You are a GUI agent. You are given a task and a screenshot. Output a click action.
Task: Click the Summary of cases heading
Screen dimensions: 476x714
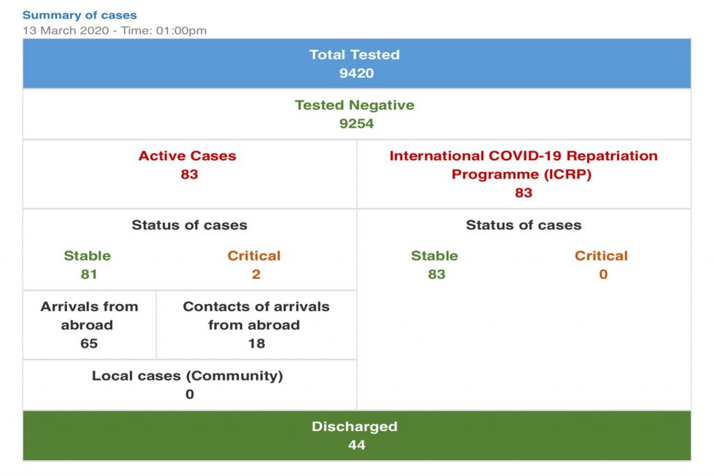pyautogui.click(x=79, y=15)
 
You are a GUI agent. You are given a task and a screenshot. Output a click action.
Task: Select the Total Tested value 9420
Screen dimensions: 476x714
pyautogui.click(x=356, y=72)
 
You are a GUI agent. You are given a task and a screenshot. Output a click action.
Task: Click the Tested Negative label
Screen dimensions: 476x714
pyautogui.click(x=354, y=105)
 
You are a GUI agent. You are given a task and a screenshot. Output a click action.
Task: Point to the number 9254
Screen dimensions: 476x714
pyautogui.click(x=356, y=123)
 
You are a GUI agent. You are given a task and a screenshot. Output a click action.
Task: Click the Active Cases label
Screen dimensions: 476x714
pyautogui.click(x=187, y=156)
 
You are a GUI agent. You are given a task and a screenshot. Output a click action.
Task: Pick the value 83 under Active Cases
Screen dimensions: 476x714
pyautogui.click(x=189, y=174)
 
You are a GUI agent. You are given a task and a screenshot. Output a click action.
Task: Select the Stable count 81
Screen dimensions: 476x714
pyautogui.click(x=89, y=274)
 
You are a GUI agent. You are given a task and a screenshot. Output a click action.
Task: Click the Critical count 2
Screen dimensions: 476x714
pyautogui.click(x=256, y=274)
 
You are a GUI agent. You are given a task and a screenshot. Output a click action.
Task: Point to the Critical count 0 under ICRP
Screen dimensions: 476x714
pyautogui.click(x=603, y=274)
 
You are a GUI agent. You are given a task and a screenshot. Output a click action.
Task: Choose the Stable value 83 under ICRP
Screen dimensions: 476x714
pyautogui.click(x=436, y=274)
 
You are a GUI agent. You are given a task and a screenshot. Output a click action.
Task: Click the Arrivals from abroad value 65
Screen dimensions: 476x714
pyautogui.click(x=89, y=344)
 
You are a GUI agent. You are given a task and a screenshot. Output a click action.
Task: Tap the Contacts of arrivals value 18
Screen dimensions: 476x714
pyautogui.click(x=256, y=344)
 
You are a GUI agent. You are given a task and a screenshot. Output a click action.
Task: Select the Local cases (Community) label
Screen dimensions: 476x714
pyautogui.click(x=187, y=376)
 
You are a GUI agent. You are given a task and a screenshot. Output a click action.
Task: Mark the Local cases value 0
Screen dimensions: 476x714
pyautogui.click(x=190, y=394)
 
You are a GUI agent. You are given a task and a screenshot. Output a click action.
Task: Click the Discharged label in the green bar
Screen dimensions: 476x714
pyautogui.click(x=354, y=427)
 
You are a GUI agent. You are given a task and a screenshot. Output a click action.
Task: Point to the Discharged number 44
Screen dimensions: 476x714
pyautogui.click(x=356, y=445)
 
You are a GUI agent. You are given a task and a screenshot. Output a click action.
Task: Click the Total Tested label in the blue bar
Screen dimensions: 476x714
pyautogui.click(x=354, y=54)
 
